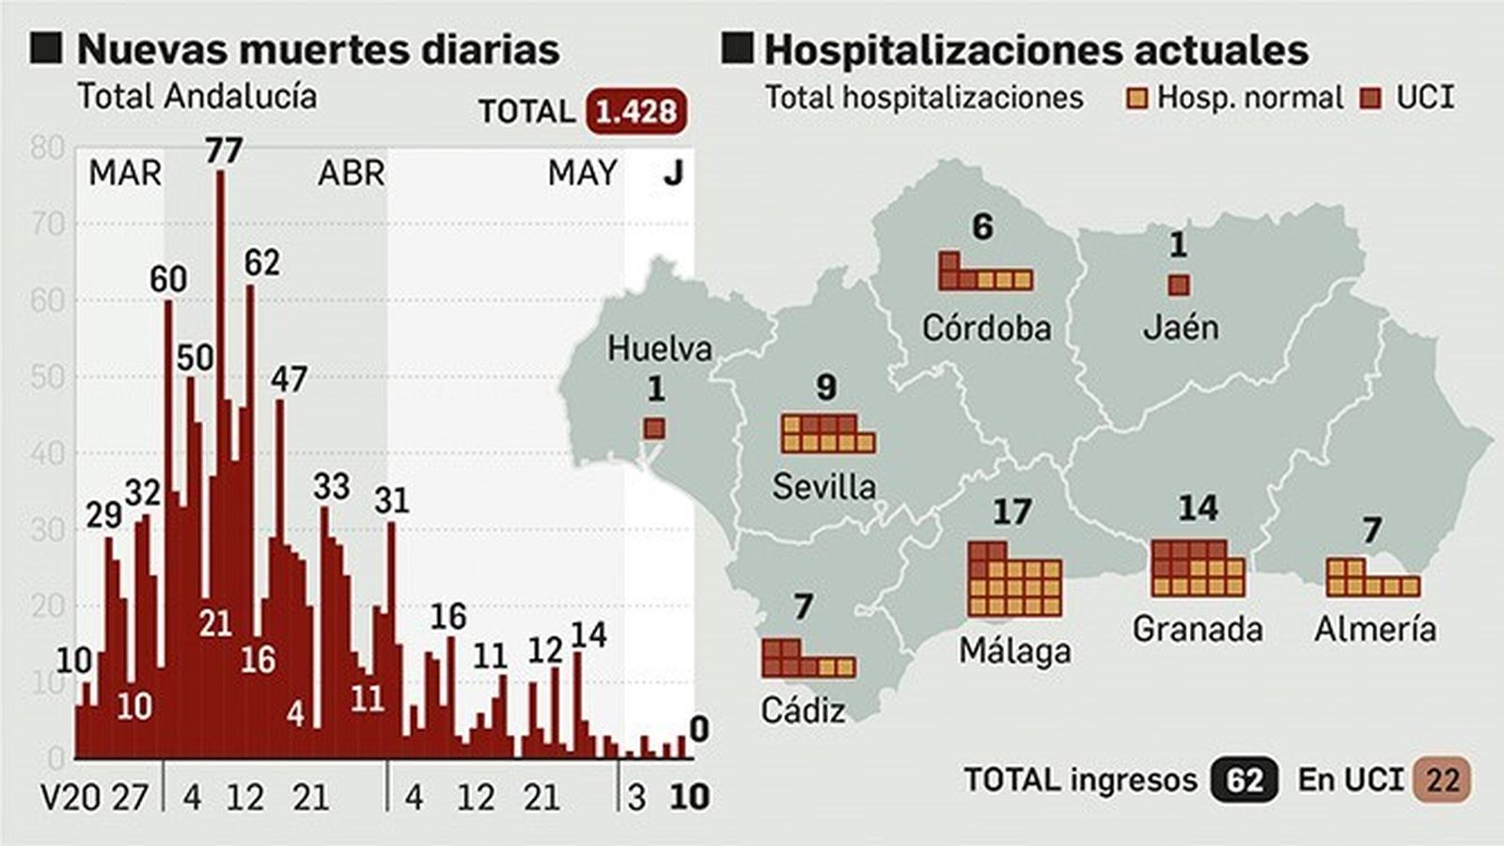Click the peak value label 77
pos(224,150)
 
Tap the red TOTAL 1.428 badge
pos(636,112)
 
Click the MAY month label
pos(583,173)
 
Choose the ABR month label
pos(352,173)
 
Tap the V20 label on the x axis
pos(70,798)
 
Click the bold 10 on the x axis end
pos(689,797)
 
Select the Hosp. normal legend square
pos(1137,99)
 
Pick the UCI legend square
pos(1372,99)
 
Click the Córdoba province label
pos(986,327)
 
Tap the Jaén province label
pos(1181,327)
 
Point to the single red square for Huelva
pos(654,429)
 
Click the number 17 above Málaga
pos(1012,512)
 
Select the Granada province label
pos(1198,628)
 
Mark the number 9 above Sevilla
pos(826,386)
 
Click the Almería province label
pos(1375,628)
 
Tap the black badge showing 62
pos(1245,780)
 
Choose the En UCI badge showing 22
pos(1443,780)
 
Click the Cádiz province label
pos(803,710)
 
